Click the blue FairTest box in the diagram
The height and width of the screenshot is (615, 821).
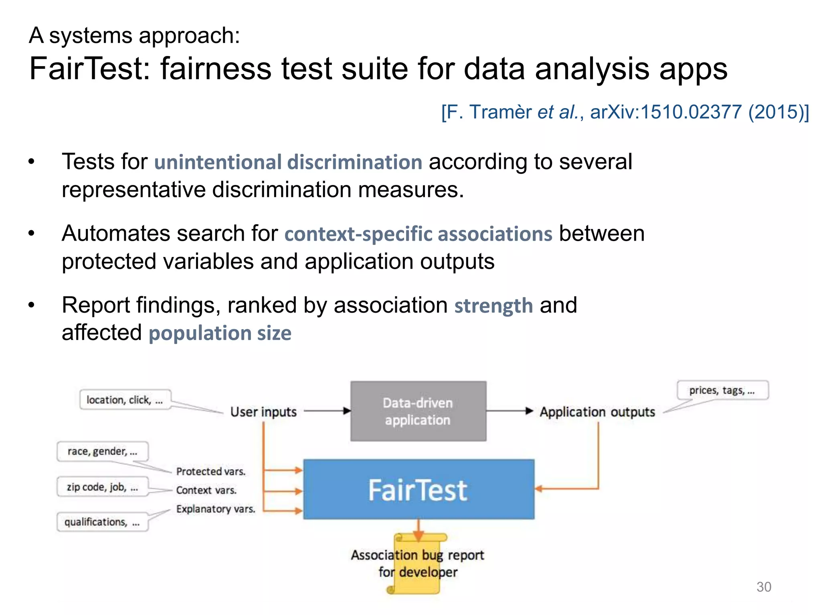pyautogui.click(x=419, y=489)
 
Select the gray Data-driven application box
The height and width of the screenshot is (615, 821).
pyautogui.click(x=418, y=411)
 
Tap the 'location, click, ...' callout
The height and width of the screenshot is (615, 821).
pyautogui.click(x=125, y=400)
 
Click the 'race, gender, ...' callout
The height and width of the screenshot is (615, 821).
pyautogui.click(x=103, y=452)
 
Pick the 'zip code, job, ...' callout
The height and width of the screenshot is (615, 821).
pyautogui.click(x=103, y=487)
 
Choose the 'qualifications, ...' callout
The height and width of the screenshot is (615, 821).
pyautogui.click(x=103, y=522)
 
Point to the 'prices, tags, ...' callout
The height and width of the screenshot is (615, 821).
pyautogui.click(x=722, y=390)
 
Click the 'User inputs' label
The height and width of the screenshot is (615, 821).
pyautogui.click(x=263, y=412)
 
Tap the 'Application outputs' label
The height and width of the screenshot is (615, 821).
pyautogui.click(x=597, y=412)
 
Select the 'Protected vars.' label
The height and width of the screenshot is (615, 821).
pyautogui.click(x=210, y=471)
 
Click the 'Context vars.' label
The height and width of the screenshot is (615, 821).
pyautogui.click(x=206, y=490)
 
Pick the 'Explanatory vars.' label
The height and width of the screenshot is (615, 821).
pyautogui.click(x=216, y=509)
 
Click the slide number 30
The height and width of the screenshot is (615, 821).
pyautogui.click(x=764, y=587)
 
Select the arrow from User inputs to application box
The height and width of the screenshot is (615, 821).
pyautogui.click(x=327, y=411)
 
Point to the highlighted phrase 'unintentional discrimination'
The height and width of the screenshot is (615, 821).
pyautogui.click(x=288, y=162)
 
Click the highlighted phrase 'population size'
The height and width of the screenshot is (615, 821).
pyautogui.click(x=220, y=333)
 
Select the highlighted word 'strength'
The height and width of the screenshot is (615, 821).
pyautogui.click(x=493, y=306)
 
